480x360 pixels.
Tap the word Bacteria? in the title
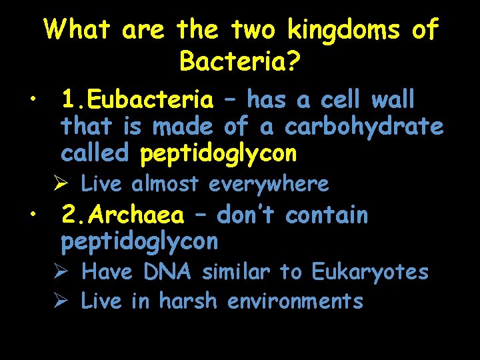[x=240, y=62]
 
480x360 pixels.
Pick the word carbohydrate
[x=363, y=127]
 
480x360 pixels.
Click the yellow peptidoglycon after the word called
[x=218, y=153]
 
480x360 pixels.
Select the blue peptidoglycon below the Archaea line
[x=139, y=242]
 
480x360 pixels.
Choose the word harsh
[x=188, y=301]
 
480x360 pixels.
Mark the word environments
[x=295, y=301]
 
